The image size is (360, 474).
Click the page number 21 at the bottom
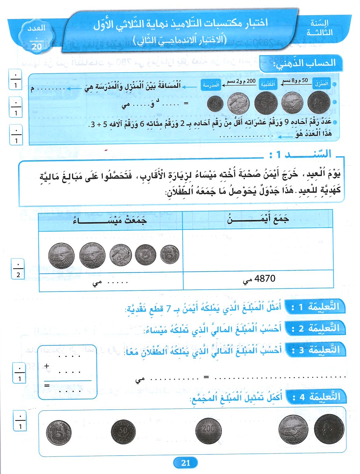[186, 463]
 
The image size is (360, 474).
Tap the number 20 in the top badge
[36, 47]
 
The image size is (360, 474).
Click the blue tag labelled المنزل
[321, 83]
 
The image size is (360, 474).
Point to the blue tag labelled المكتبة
[268, 84]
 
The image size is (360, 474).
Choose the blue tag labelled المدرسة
[211, 85]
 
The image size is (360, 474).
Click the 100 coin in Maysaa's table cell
[146, 254]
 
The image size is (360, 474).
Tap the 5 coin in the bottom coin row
[59, 433]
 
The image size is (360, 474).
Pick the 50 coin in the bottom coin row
[123, 432]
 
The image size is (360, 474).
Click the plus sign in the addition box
[47, 366]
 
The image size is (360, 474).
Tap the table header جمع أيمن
[258, 219]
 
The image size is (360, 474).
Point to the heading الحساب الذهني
[304, 63]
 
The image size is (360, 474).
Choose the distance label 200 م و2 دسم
[241, 81]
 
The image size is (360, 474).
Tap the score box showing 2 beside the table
[18, 268]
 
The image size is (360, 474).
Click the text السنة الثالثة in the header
[320, 28]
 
